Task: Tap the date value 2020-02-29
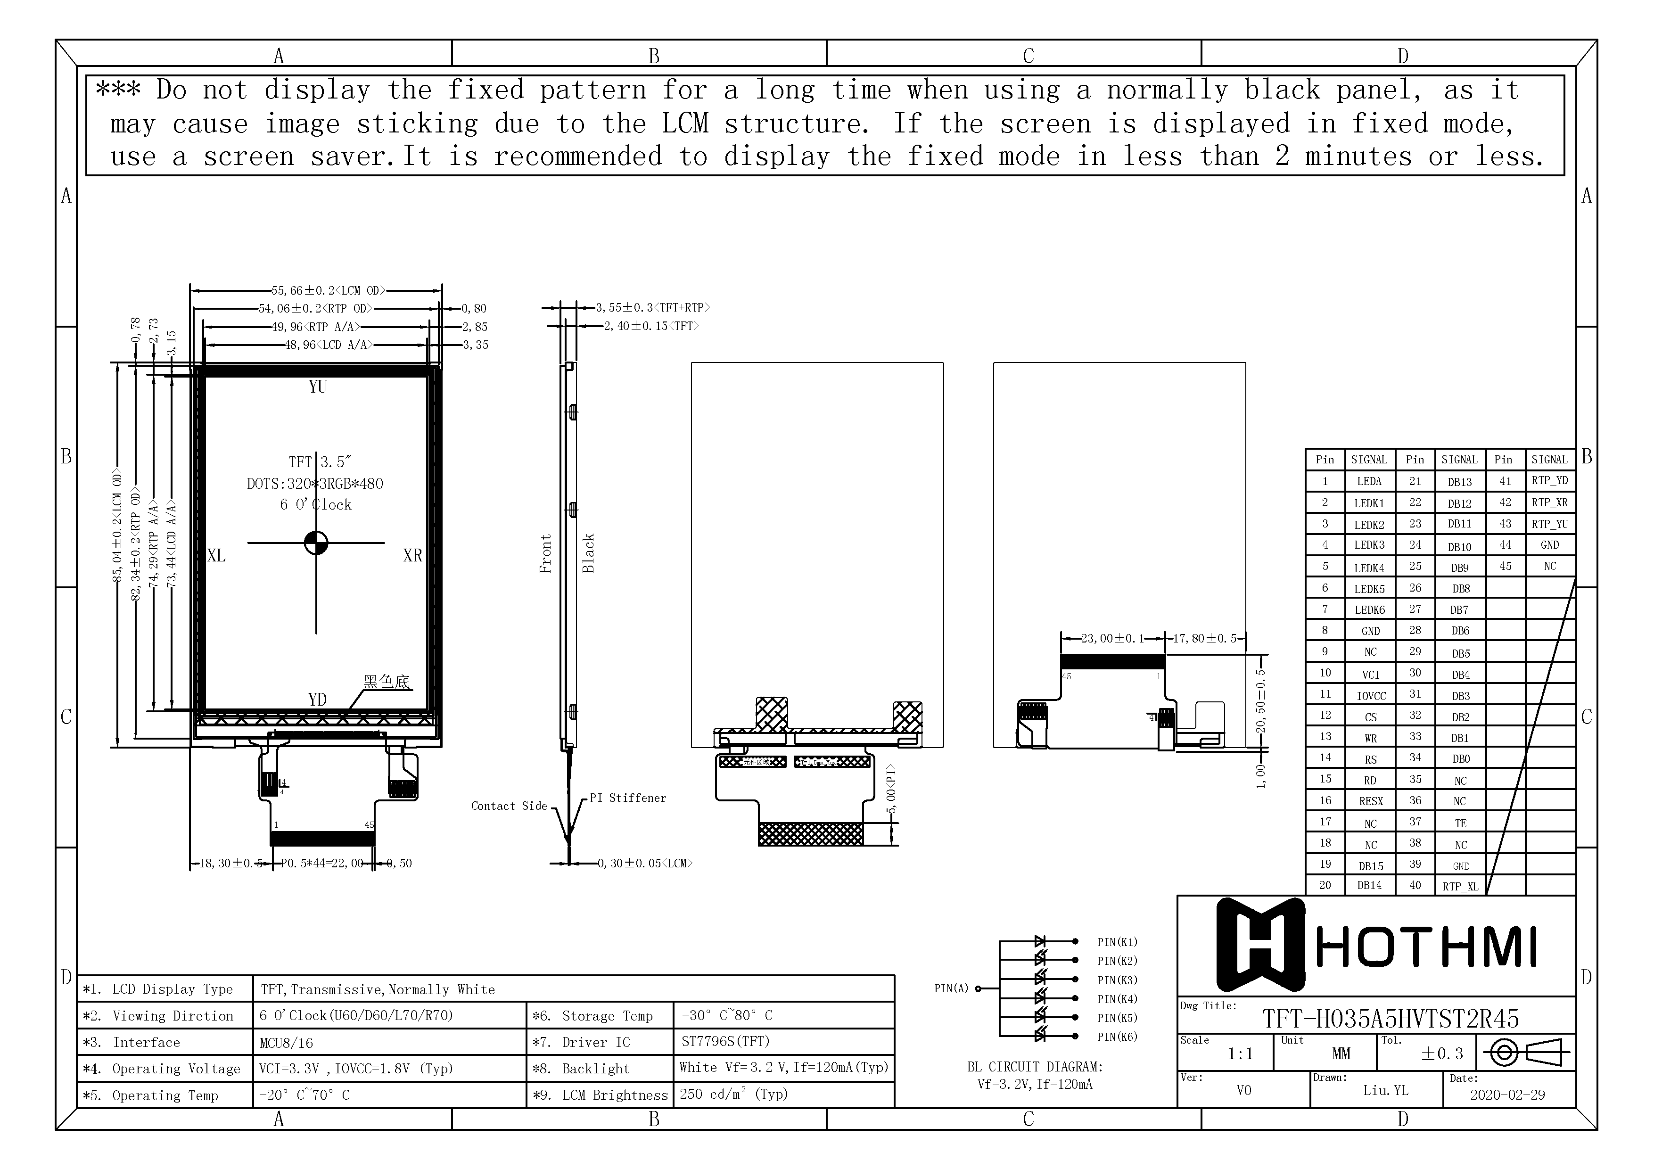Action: (x=1507, y=1095)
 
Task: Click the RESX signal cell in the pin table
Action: (x=1370, y=801)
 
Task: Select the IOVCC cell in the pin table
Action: (x=1370, y=696)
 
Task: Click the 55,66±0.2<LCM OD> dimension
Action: (x=328, y=291)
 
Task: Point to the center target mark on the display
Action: (x=316, y=543)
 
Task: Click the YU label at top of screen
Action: (x=318, y=387)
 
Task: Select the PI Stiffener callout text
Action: (x=627, y=798)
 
